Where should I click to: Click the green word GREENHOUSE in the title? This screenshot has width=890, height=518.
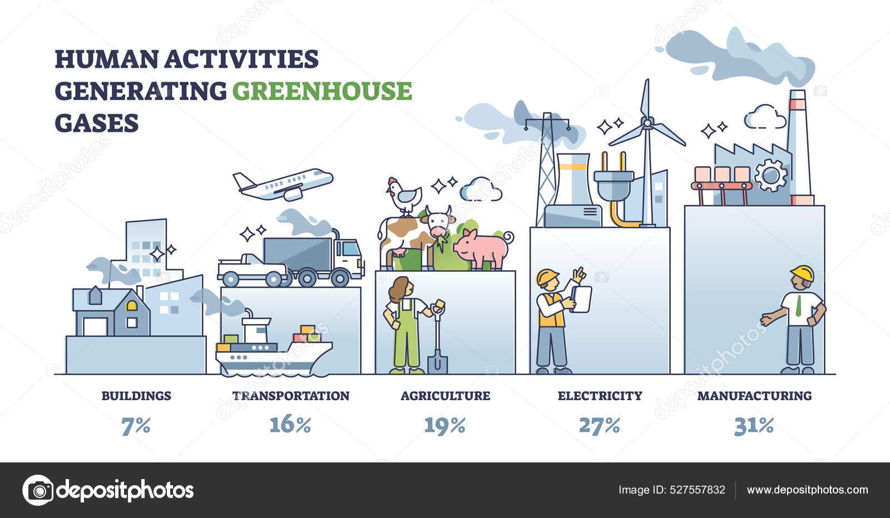322,91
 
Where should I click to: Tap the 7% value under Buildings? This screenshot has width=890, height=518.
136,426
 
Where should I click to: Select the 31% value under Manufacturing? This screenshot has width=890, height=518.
754,426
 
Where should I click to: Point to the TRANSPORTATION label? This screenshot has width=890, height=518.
291,396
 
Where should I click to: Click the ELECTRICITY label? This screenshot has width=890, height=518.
600,396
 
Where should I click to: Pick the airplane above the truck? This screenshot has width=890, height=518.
283,184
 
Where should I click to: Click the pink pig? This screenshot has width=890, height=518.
483,250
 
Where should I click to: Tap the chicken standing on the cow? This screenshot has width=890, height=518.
404,196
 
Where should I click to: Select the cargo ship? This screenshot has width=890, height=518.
273,345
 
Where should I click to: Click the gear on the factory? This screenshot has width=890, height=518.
770,175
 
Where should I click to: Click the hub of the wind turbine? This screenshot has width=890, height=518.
647,123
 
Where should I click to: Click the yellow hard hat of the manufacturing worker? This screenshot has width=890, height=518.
802,273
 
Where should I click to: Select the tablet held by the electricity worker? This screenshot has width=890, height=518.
581,298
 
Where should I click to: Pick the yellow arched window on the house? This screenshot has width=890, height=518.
131,305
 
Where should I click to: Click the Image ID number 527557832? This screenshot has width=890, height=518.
698,490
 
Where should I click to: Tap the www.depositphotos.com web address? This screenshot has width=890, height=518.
807,490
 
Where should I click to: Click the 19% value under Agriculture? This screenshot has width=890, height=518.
444,426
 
